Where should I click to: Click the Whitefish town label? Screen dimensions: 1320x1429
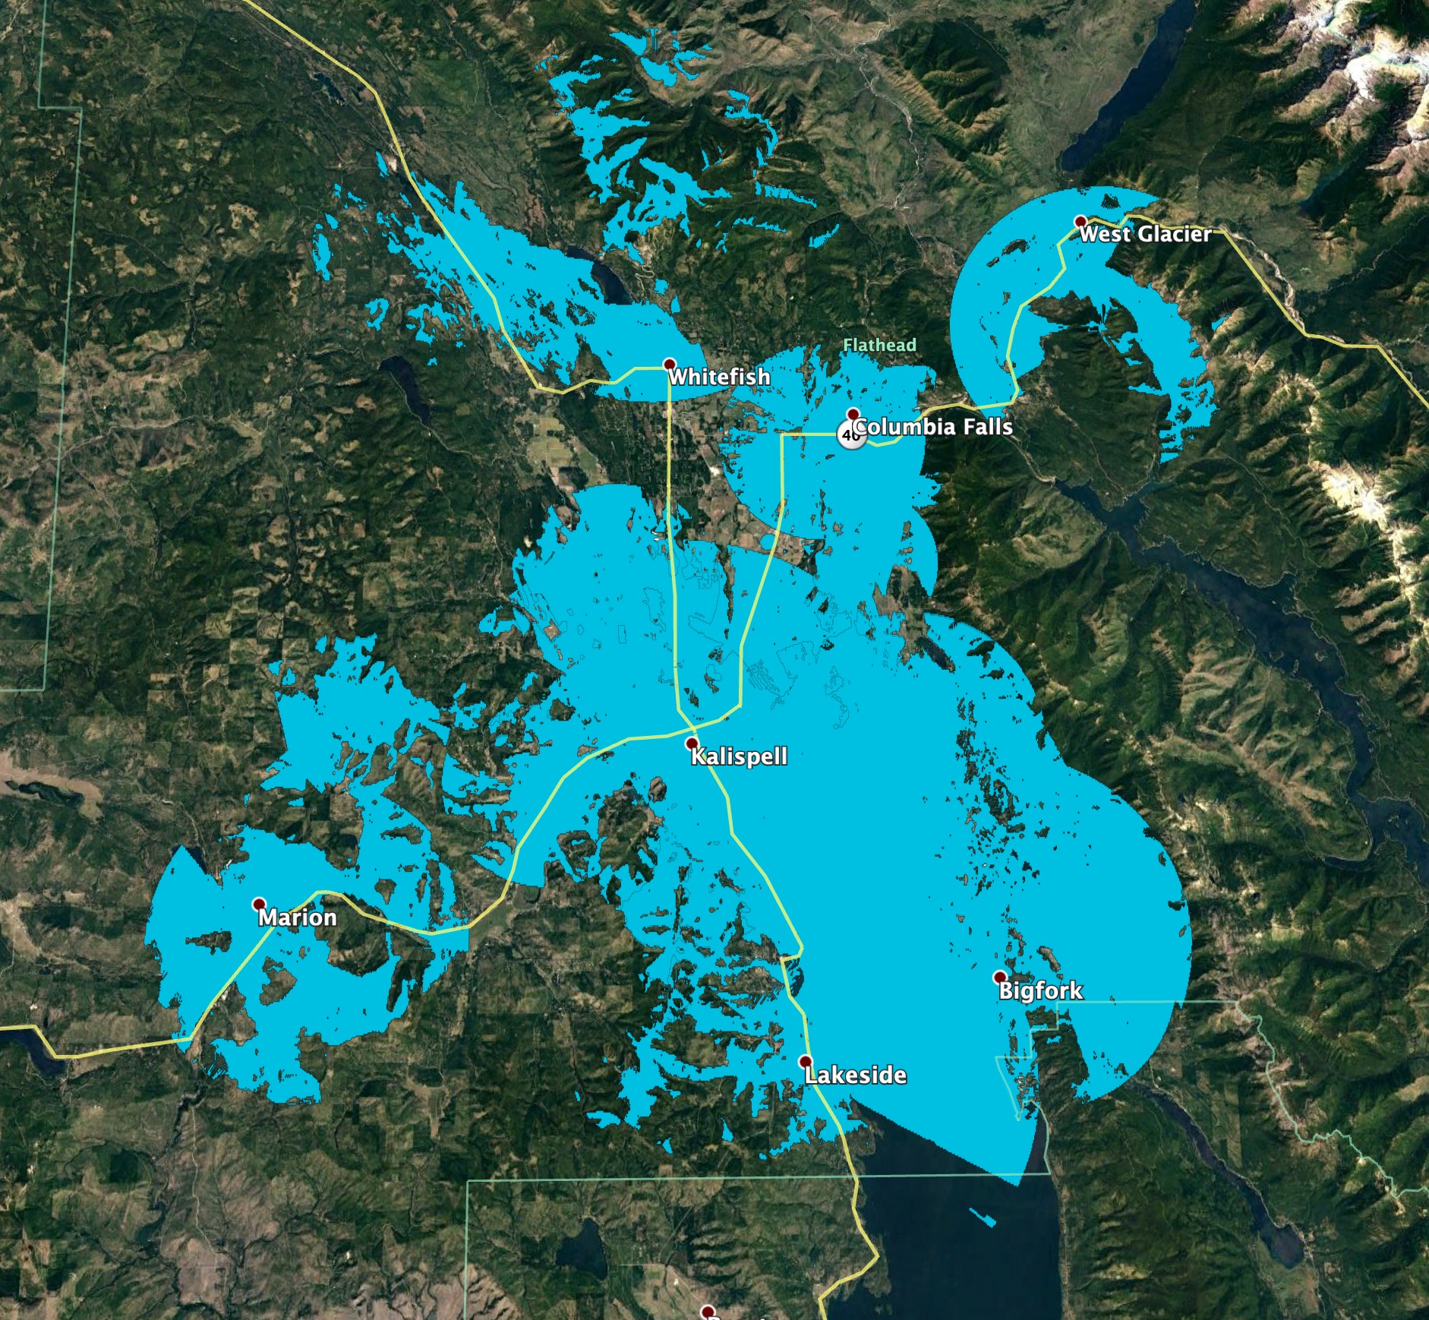[x=718, y=377]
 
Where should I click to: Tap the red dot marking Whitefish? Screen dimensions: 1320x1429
[x=669, y=365]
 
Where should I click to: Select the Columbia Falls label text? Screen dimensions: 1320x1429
[x=934, y=427]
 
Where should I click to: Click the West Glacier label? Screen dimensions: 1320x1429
[x=1145, y=234]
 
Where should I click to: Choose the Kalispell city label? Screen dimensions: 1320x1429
[x=739, y=756]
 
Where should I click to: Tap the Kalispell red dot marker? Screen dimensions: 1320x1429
[x=691, y=743]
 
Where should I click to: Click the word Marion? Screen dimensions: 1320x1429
[x=297, y=917]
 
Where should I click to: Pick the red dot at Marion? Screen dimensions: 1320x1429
[x=259, y=904]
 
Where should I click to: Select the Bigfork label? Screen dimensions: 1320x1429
[x=1040, y=990]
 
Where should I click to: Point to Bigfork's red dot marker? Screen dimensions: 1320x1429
[x=999, y=977]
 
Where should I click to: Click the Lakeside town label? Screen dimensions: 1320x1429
[x=855, y=1075]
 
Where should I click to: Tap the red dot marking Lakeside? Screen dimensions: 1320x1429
[x=805, y=1061]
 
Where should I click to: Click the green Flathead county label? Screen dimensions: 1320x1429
[x=879, y=346]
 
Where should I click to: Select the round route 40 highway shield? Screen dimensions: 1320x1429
[x=850, y=436]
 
